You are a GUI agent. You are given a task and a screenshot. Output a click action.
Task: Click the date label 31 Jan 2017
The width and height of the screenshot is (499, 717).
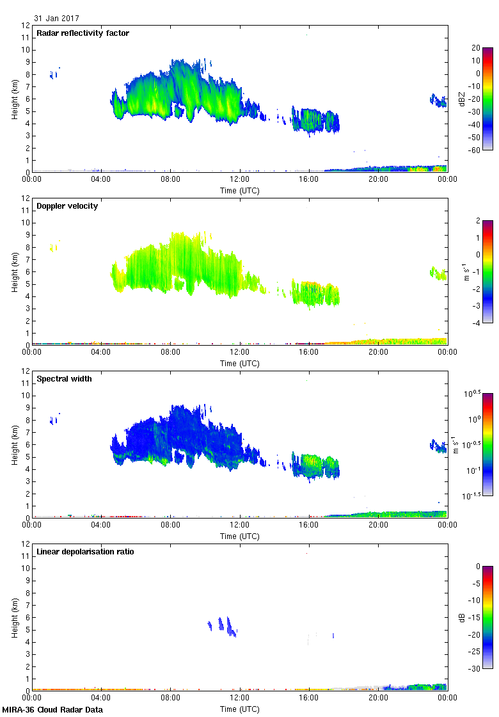(x=57, y=19)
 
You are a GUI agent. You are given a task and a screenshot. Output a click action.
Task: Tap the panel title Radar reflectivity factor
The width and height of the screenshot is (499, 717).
(x=83, y=33)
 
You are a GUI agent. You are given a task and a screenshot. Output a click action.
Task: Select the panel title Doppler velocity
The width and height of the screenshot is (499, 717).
(x=67, y=206)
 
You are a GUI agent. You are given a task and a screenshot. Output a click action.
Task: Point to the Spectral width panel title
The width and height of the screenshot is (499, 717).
(x=64, y=379)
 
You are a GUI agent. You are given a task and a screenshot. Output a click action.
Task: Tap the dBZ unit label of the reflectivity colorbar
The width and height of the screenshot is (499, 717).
(x=462, y=99)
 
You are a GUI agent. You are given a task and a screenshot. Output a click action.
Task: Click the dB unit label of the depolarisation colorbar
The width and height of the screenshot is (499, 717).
(x=462, y=618)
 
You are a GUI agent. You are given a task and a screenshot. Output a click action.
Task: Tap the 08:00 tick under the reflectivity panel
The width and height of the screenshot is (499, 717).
(x=170, y=179)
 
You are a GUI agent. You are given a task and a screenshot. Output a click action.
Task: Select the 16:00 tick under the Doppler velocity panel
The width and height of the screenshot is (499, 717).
(x=309, y=352)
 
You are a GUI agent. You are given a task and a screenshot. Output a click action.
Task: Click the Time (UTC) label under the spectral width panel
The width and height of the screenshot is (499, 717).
(x=240, y=536)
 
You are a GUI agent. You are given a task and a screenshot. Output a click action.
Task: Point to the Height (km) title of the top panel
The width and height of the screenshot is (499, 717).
(x=14, y=99)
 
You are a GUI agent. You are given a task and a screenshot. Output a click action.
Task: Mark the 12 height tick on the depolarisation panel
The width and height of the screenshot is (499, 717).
(x=26, y=544)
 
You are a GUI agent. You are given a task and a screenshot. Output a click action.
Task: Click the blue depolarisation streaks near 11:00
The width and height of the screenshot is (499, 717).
(x=223, y=625)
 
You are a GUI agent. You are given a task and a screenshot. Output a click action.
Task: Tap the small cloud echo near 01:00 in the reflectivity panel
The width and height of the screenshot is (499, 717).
(x=53, y=74)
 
